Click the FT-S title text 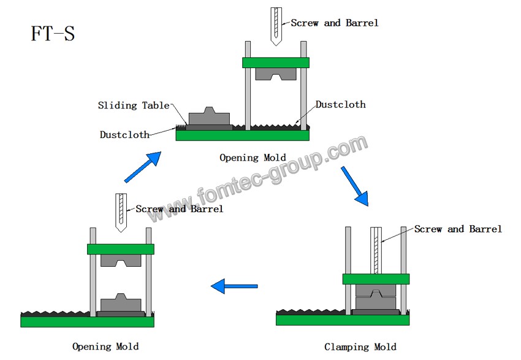[x=53, y=33]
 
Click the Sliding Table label [x=134, y=105]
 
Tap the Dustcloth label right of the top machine [x=340, y=104]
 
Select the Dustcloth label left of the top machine [x=124, y=134]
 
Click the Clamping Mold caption [x=360, y=347]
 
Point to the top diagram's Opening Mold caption [x=253, y=158]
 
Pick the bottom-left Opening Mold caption [x=105, y=347]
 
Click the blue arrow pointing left [x=234, y=285]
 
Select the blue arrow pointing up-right [x=143, y=167]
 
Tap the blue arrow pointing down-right [x=354, y=185]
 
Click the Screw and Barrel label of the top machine [x=334, y=23]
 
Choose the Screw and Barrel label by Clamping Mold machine [x=458, y=229]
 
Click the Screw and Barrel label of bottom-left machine [x=179, y=209]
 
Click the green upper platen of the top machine [x=276, y=63]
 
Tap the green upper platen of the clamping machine [x=376, y=279]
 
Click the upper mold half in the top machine [x=276, y=74]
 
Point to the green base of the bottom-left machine [x=88, y=321]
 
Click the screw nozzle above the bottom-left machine [x=121, y=212]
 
